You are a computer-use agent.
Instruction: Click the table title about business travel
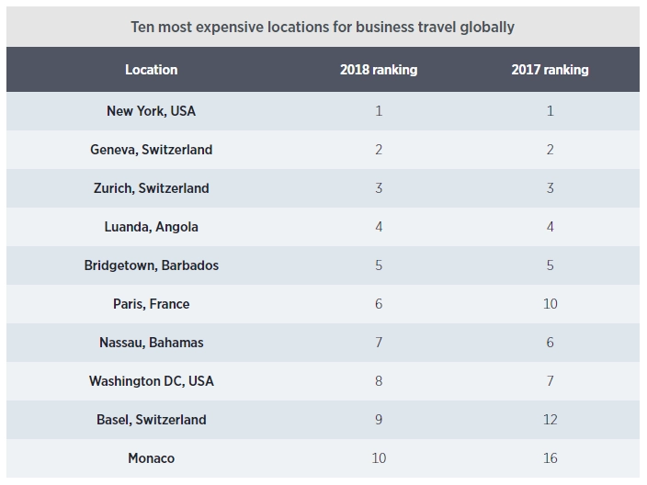[323, 26]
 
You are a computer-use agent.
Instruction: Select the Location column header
[152, 70]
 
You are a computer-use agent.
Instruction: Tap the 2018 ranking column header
[379, 70]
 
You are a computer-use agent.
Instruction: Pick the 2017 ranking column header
[550, 70]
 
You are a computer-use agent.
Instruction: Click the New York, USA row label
[152, 111]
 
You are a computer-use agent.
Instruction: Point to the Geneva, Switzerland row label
[152, 150]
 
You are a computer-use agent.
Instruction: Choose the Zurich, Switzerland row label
[152, 188]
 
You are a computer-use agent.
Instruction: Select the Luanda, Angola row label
[152, 227]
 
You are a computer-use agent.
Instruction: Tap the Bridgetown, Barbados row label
[152, 265]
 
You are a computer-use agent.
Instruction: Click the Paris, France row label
[152, 304]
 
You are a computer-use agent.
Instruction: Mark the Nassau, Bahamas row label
[152, 343]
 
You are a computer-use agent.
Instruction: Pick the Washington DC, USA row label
[152, 381]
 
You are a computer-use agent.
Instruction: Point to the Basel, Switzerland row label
[152, 420]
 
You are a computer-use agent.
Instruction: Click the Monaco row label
[152, 458]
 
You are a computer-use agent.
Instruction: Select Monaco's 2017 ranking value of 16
[550, 458]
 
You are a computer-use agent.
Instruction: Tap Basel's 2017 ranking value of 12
[550, 420]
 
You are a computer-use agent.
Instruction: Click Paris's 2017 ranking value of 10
[550, 304]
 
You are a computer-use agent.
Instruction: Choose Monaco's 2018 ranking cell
[379, 458]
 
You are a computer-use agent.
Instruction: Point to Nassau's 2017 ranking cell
[550, 343]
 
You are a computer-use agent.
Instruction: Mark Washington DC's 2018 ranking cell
[379, 381]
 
